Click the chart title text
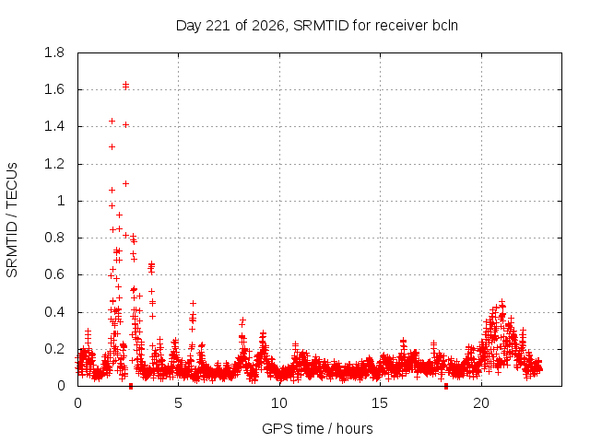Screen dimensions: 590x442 (x=317, y=26)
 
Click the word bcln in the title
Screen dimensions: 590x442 (x=445, y=26)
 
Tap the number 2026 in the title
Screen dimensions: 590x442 (x=268, y=26)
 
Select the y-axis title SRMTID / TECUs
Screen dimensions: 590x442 (x=12, y=220)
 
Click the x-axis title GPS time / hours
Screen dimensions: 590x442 (x=317, y=428)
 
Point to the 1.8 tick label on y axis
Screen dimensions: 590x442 (x=54, y=52)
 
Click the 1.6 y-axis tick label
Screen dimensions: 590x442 (x=54, y=89)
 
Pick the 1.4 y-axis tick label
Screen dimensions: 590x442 (x=54, y=127)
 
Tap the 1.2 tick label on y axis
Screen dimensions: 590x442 (x=54, y=164)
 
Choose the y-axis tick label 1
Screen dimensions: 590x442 (x=61, y=201)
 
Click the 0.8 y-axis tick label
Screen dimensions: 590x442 (x=54, y=238)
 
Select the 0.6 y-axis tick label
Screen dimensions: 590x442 (x=54, y=274)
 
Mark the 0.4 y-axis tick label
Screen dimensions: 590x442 (x=54, y=312)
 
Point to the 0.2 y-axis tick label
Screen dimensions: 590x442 (x=54, y=349)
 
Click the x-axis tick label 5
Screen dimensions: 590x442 (x=178, y=403)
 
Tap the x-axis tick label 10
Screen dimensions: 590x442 (x=279, y=403)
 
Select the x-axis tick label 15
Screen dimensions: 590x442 (x=380, y=403)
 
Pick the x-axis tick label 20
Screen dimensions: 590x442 (x=481, y=403)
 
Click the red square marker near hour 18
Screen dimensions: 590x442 (x=446, y=386)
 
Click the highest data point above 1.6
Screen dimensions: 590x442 (x=126, y=84)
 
